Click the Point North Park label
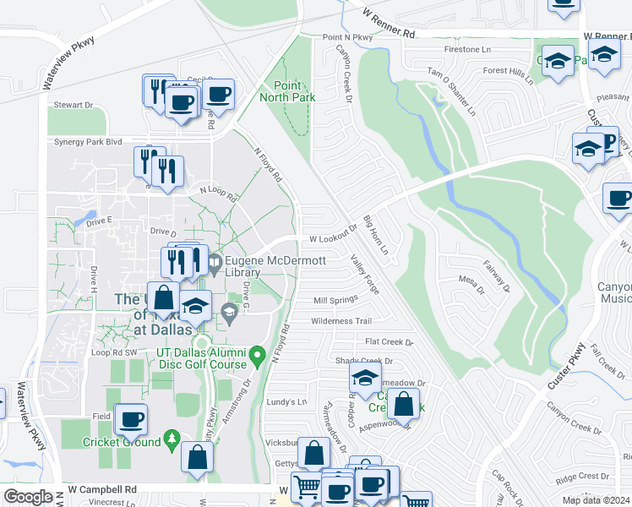294,91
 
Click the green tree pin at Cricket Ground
172,438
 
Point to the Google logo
28,497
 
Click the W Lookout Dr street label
334,240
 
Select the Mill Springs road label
330,301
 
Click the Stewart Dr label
73,105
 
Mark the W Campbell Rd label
102,489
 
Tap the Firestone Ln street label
467,49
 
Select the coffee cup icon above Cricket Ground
131,417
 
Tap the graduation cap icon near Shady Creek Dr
365,377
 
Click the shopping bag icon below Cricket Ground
197,456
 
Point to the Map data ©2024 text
596,500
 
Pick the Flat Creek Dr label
384,342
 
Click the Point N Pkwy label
347,38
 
